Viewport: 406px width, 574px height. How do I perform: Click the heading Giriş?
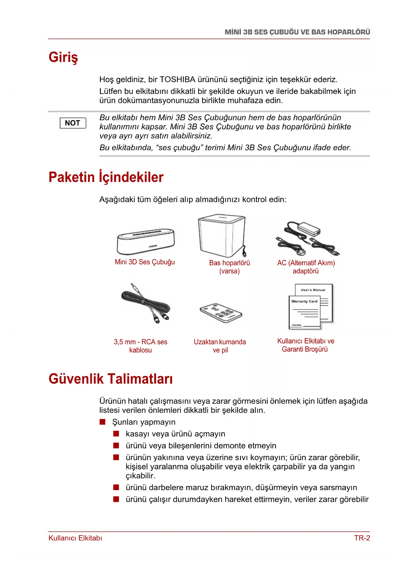pos(63,57)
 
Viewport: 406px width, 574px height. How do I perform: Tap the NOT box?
pos(73,123)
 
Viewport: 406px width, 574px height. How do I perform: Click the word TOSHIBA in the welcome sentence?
pos(177,80)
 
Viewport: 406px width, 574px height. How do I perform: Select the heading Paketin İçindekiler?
pos(106,177)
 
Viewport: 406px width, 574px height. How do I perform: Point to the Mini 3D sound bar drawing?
pos(146,241)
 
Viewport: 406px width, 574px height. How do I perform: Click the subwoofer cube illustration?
pos(222,235)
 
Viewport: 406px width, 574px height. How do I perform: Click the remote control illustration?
pos(221,313)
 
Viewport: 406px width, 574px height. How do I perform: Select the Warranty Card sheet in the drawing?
pos(304,313)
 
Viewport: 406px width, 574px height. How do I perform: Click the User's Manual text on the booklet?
pos(313,290)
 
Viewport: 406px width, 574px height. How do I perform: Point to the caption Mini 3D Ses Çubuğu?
pos(145,262)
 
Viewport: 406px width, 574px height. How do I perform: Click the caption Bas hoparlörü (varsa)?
pos(229,267)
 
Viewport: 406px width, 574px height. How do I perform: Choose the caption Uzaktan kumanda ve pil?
pos(220,346)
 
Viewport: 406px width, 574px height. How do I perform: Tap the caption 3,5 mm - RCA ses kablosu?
pos(140,346)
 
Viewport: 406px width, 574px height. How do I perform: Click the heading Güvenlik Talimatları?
pos(111,379)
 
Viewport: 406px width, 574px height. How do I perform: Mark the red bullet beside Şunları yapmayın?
pos(103,422)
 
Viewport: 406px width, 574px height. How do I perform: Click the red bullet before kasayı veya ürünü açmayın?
pos(116,434)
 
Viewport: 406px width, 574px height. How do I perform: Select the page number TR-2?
pos(362,538)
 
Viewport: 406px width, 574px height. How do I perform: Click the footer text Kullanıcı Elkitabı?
pos(75,538)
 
